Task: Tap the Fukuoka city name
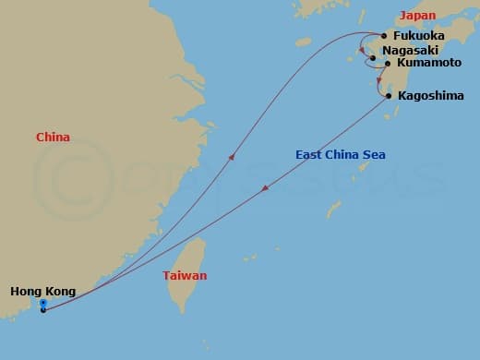point(417,36)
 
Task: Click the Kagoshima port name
point(425,96)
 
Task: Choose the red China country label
point(53,138)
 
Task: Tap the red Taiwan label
point(185,276)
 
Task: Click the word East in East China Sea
point(311,155)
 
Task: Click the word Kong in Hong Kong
point(56,293)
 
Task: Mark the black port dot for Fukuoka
point(384,36)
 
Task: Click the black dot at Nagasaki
point(373,58)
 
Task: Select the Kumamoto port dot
point(388,64)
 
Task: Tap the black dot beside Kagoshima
point(388,96)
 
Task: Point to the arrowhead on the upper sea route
point(231,158)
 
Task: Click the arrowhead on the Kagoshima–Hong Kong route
point(265,188)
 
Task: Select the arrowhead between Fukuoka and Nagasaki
point(363,49)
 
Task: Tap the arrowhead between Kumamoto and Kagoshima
point(379,79)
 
